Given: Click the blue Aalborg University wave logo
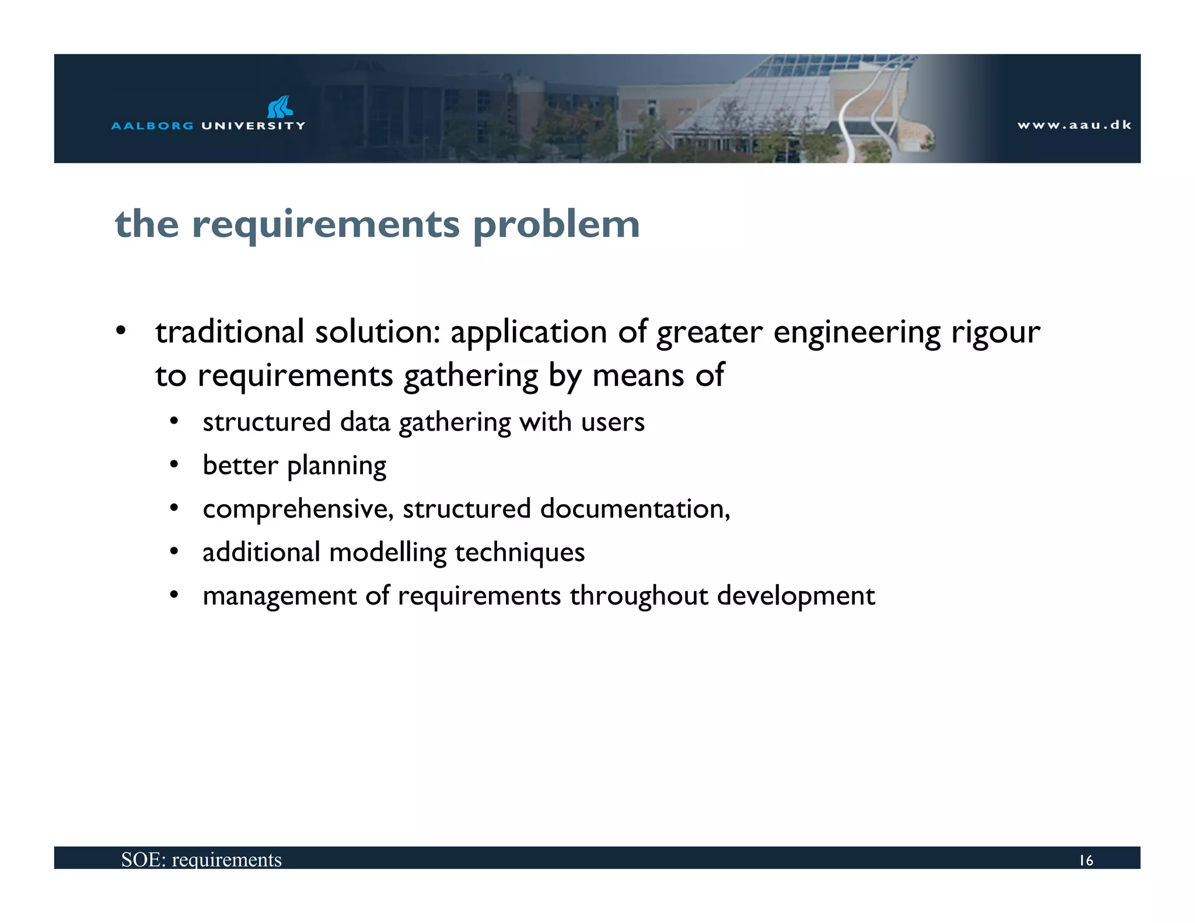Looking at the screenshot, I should [x=279, y=107].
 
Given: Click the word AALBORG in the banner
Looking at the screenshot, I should [x=152, y=125].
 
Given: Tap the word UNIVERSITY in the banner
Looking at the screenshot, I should [x=253, y=125].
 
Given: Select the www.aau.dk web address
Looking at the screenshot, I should [x=1074, y=125].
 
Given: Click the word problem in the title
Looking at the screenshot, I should [x=556, y=225].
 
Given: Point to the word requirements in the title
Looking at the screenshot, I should [x=326, y=225].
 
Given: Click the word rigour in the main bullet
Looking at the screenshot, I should [x=995, y=333].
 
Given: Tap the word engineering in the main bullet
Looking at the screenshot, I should [x=857, y=333].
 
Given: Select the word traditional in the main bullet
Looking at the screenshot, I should [x=229, y=331].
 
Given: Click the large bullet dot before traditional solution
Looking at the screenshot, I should [x=121, y=331].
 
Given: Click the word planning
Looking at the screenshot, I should [x=337, y=466].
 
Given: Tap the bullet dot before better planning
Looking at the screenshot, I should [x=174, y=465].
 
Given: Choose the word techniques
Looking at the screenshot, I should [x=519, y=552].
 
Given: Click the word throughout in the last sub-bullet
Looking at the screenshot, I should [x=639, y=596].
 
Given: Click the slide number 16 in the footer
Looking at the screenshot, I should [x=1086, y=861].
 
